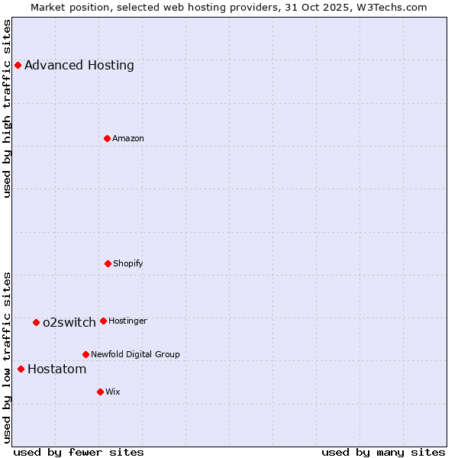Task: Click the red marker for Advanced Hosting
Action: tap(18, 65)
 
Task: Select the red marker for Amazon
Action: tap(107, 138)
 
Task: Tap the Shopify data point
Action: tap(108, 263)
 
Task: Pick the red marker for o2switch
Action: tap(36, 322)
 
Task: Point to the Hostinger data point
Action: tap(103, 321)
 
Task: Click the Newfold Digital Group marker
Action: tap(85, 354)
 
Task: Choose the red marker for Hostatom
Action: tap(21, 369)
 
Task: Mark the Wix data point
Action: tap(100, 392)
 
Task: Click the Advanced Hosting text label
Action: tap(79, 66)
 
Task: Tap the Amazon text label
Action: tap(128, 139)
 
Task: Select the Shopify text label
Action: tap(128, 264)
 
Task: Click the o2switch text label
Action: tap(69, 323)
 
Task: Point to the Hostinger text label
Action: tap(127, 321)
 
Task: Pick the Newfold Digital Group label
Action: tap(135, 355)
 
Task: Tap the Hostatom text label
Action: tap(57, 369)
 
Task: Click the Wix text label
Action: tap(113, 392)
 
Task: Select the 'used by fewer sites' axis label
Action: tap(79, 452)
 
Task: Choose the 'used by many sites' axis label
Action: tap(383, 452)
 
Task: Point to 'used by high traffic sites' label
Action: tap(7, 108)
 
